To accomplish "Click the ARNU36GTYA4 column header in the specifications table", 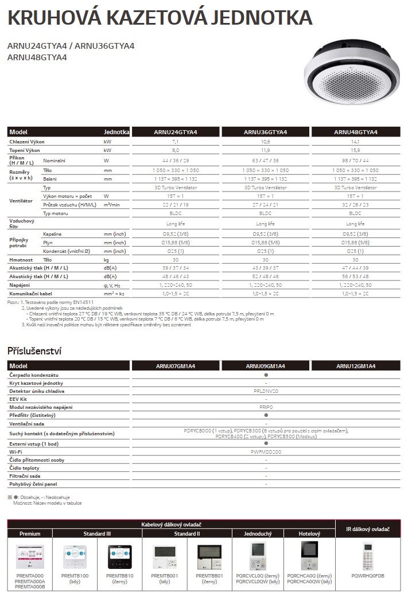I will click(266, 132).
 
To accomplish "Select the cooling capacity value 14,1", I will click(355, 141).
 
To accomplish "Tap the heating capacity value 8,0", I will click(176, 150).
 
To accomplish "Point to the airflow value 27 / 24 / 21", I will click(266, 205).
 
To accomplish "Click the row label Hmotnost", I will click(20, 260).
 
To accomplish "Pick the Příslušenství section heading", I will click(34, 350).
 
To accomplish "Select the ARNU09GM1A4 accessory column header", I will click(266, 366).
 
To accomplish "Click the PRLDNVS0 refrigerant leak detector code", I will click(266, 391).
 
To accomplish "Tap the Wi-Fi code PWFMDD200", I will click(266, 452).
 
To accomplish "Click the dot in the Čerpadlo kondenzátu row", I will click(266, 374).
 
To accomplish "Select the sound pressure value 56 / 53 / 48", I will click(355, 276).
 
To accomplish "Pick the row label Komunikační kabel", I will click(32, 293).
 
